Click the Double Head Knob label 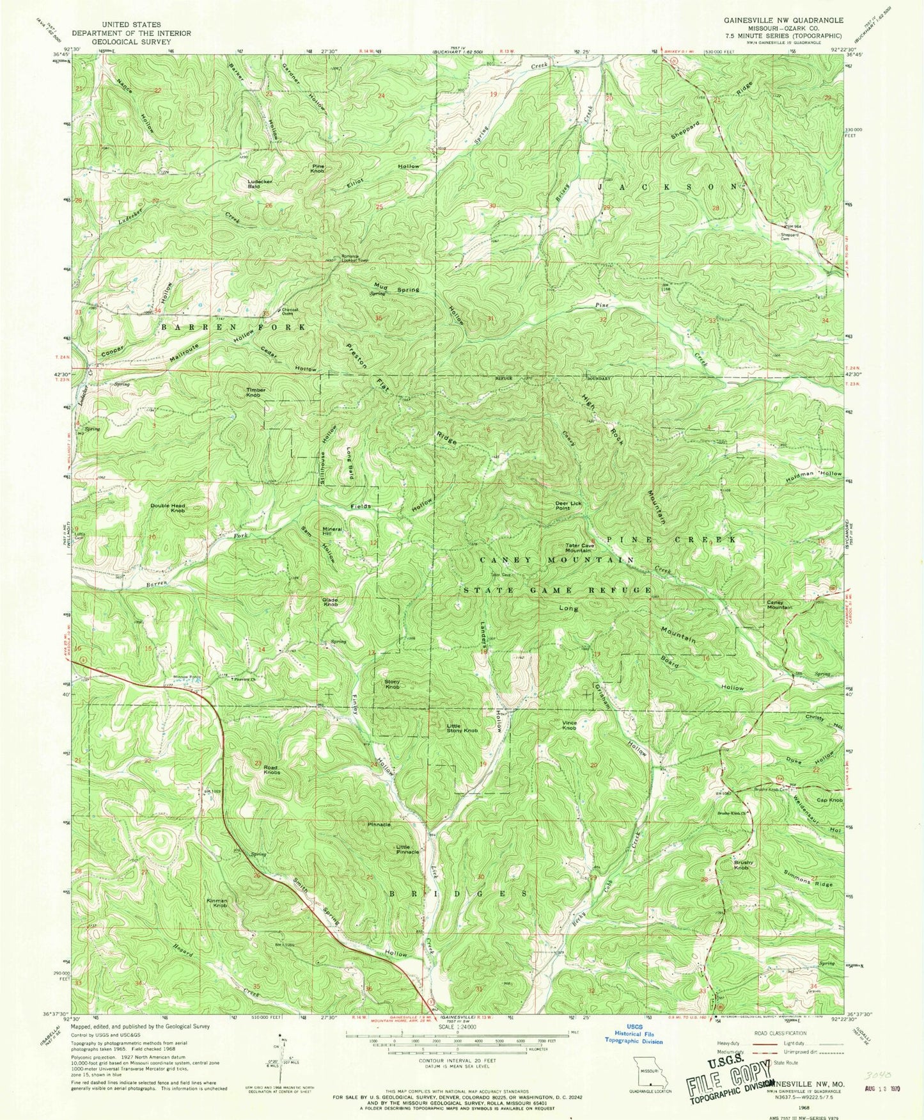168,508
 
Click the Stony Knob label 392,684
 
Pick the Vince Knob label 569,724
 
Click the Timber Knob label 253,392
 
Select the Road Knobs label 271,770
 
